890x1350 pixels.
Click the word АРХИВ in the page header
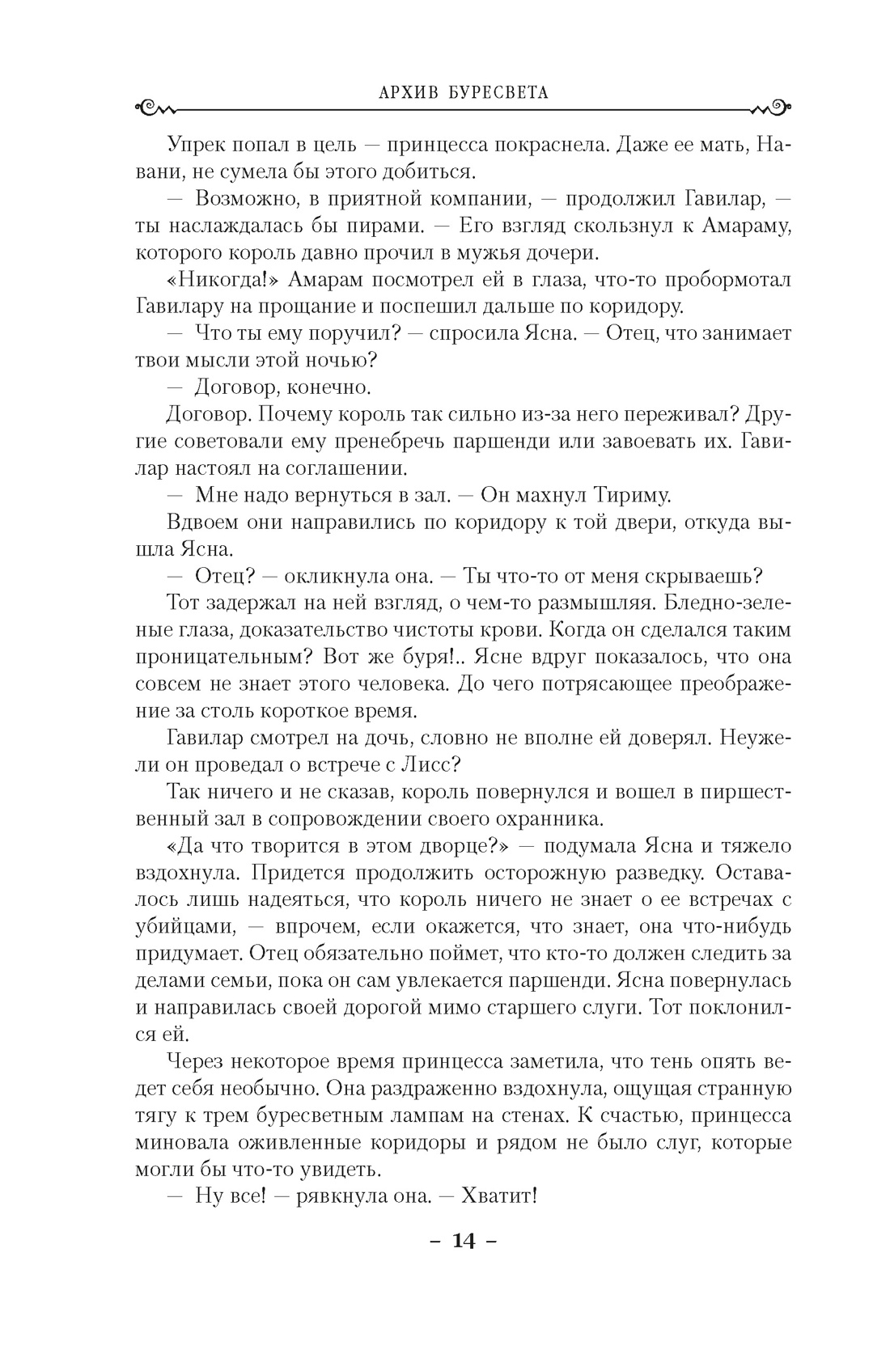385,92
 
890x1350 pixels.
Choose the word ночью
341,360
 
